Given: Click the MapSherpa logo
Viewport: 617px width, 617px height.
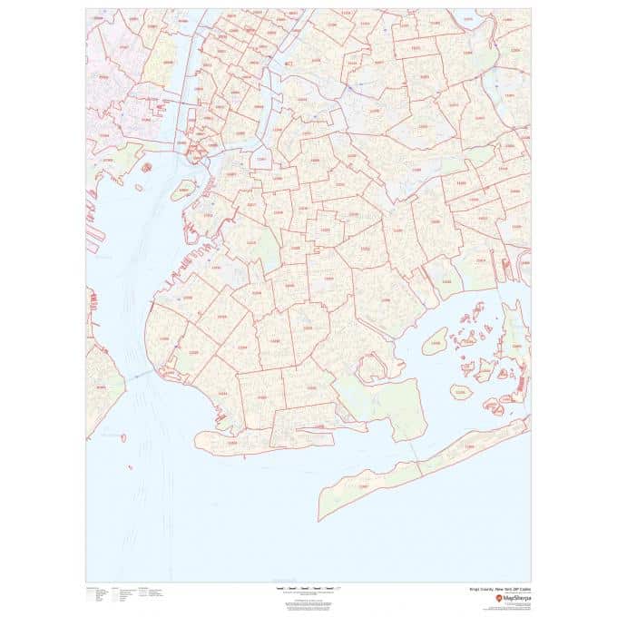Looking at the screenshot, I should (x=513, y=599).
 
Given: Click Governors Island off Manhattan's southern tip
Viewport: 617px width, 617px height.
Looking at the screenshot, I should (x=184, y=190).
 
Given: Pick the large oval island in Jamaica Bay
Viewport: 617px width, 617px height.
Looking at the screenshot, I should (x=436, y=341).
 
